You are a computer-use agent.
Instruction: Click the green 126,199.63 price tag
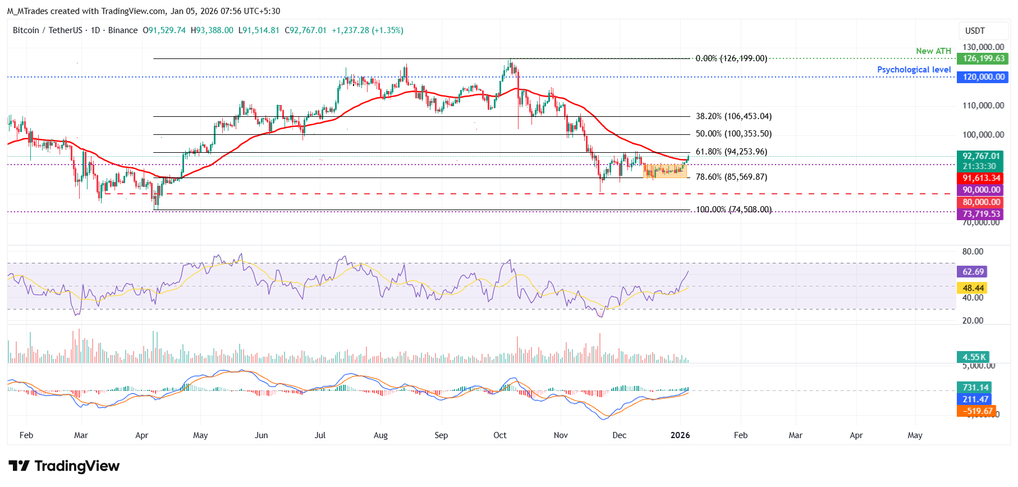(x=984, y=58)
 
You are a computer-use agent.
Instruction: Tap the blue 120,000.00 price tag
(x=984, y=77)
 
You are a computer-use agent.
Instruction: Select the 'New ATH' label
(x=933, y=51)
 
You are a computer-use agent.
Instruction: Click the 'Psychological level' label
(x=914, y=70)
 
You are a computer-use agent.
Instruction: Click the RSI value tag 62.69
(x=973, y=272)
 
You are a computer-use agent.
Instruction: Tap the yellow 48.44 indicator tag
(x=973, y=288)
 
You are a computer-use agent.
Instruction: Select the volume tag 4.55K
(x=974, y=357)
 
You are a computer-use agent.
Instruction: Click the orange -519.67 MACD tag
(x=977, y=411)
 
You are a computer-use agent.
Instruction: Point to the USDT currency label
(x=975, y=31)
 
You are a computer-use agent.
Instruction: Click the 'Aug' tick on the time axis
(x=380, y=435)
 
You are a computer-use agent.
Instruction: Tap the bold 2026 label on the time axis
(x=680, y=435)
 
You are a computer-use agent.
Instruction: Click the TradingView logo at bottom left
(x=64, y=466)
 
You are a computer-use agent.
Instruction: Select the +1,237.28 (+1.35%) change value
(x=367, y=30)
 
